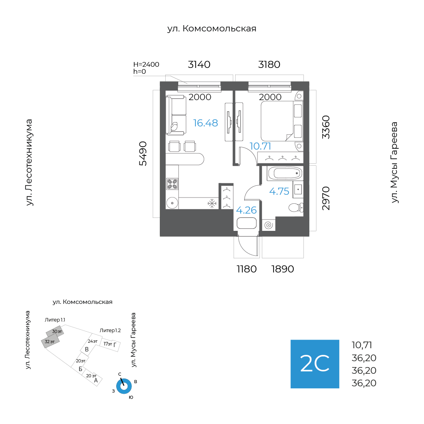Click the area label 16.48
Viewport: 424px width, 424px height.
[x=205, y=123]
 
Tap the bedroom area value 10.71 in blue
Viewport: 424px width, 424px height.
[x=260, y=146]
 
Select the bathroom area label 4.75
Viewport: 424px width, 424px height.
[x=279, y=192]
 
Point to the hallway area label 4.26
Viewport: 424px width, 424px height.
[x=246, y=210]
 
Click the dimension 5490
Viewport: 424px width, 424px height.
[x=143, y=154]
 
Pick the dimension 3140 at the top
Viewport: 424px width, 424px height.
[x=199, y=64]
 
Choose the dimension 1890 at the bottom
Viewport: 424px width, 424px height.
[x=283, y=269]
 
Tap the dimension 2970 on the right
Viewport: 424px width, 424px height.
[x=326, y=198]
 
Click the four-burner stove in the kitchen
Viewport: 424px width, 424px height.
[x=172, y=184]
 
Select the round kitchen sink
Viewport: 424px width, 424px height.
[x=172, y=203]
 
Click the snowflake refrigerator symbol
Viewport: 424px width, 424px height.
[x=212, y=203]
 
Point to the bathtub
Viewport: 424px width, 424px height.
[x=285, y=174]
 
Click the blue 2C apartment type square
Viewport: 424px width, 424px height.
[x=315, y=364]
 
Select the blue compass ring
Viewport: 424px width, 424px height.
[x=124, y=386]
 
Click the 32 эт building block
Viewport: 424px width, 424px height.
[x=50, y=342]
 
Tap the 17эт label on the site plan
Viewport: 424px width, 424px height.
[x=108, y=344]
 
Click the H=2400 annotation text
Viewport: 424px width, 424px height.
[x=146, y=64]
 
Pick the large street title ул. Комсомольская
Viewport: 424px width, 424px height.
[x=212, y=28]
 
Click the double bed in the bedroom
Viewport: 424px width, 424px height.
[x=281, y=121]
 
